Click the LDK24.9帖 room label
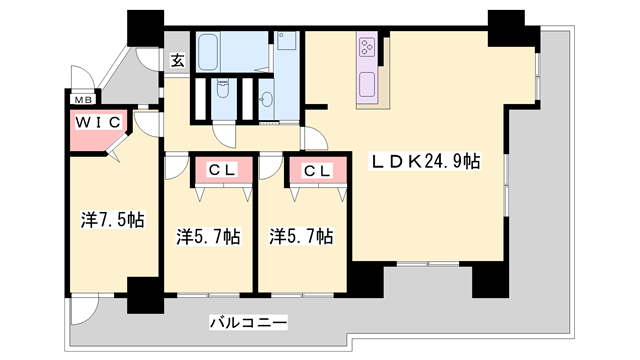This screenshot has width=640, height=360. click(x=425, y=161)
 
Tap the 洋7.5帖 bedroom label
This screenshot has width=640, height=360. click(x=113, y=220)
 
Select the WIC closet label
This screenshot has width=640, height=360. click(x=98, y=122)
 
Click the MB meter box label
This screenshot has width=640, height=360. click(x=84, y=99)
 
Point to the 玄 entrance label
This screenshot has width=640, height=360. click(x=177, y=60)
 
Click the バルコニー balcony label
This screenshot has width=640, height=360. click(x=248, y=322)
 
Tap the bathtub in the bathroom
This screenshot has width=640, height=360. click(x=209, y=51)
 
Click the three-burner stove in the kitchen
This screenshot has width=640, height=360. click(x=366, y=46)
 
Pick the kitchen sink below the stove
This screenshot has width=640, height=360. click(x=367, y=85)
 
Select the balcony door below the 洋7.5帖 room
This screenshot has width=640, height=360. click(x=84, y=311)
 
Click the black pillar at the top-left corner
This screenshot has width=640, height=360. click(x=146, y=28)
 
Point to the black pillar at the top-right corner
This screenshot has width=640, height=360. click(x=510, y=29)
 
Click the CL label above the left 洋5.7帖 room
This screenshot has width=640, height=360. click(x=221, y=170)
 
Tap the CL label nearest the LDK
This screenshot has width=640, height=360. click(x=317, y=171)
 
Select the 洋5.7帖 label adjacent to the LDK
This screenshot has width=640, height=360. click(x=301, y=236)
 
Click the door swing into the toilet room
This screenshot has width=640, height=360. click(x=224, y=135)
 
